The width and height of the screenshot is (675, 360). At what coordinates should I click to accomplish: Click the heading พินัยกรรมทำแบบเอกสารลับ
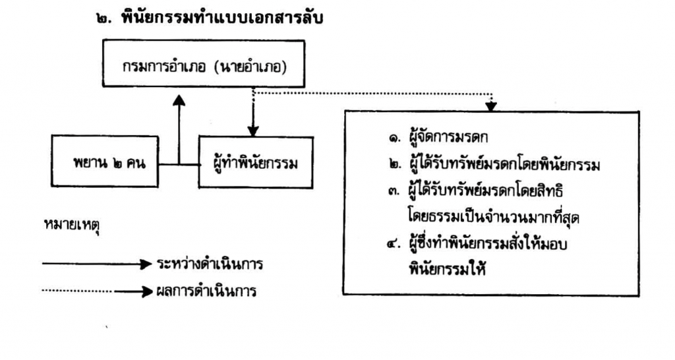[x=222, y=18]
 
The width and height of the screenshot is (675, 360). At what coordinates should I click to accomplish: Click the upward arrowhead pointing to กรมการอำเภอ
[x=179, y=100]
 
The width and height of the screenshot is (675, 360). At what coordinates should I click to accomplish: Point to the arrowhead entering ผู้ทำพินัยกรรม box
[x=253, y=131]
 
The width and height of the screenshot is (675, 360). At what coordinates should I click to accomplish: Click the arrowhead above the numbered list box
[x=490, y=106]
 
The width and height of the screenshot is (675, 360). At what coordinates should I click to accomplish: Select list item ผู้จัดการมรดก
[x=448, y=137]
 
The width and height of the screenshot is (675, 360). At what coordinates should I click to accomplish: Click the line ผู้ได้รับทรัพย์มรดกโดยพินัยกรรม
[x=504, y=164]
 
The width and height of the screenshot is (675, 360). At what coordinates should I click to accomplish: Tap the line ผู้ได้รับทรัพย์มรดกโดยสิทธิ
[x=486, y=191]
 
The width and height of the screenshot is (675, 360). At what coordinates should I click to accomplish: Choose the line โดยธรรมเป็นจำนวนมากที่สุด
[x=493, y=217]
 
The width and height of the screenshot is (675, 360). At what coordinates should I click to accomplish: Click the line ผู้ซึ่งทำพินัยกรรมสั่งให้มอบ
[x=488, y=243]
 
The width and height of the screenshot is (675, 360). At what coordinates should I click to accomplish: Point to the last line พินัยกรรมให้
[x=448, y=270]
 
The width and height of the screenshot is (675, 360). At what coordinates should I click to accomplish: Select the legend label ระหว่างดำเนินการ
[x=210, y=264]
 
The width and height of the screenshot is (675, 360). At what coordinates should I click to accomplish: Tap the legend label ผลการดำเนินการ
[x=206, y=291]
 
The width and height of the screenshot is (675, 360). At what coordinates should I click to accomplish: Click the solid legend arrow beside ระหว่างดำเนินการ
[x=98, y=264]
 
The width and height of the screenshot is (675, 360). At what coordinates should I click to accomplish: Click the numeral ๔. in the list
[x=394, y=244]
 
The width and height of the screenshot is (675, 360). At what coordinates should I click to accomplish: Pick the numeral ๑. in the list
[x=394, y=138]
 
